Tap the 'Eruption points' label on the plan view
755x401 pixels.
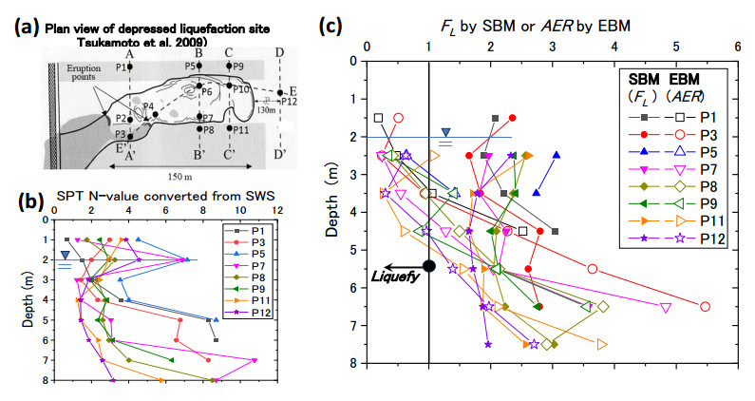click(x=77, y=68)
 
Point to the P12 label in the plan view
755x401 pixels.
click(x=290, y=102)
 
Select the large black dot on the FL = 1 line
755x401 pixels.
click(x=429, y=266)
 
